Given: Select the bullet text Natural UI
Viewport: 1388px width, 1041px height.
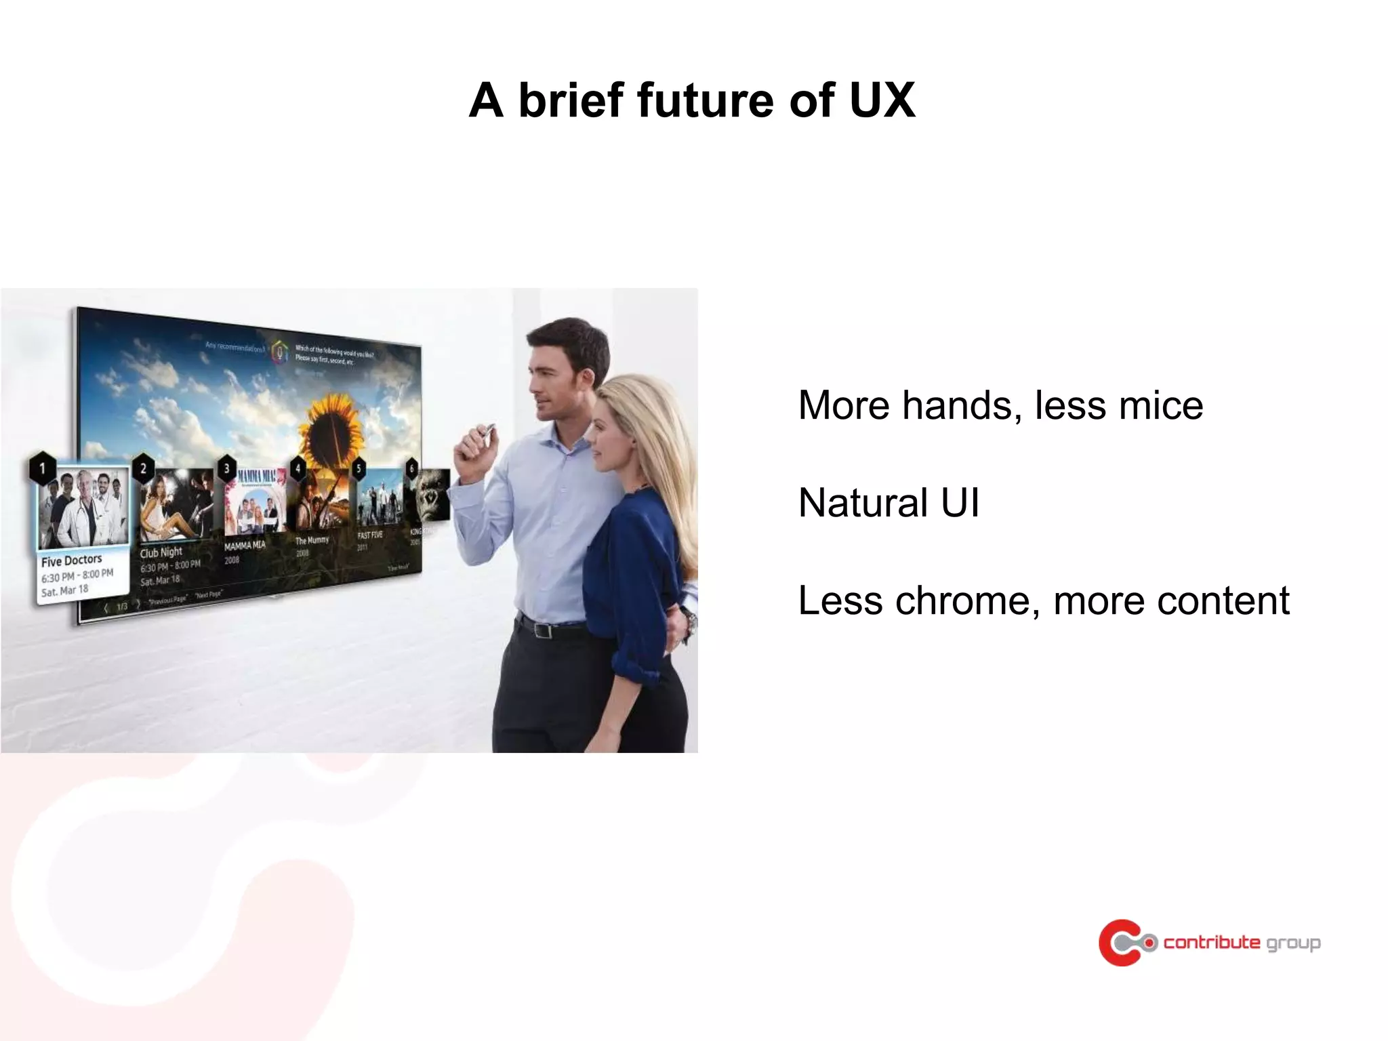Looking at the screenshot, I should [889, 503].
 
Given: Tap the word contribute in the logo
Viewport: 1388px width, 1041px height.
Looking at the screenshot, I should [1212, 942].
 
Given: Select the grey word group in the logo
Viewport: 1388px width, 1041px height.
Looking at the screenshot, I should [1293, 943].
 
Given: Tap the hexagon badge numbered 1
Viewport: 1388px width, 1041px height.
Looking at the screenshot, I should [43, 468].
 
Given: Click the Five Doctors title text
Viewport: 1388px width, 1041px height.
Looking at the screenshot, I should [71, 560].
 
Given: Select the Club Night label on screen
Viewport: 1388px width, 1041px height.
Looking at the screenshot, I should [161, 552].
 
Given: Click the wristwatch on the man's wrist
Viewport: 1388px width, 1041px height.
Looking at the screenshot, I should [689, 620].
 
